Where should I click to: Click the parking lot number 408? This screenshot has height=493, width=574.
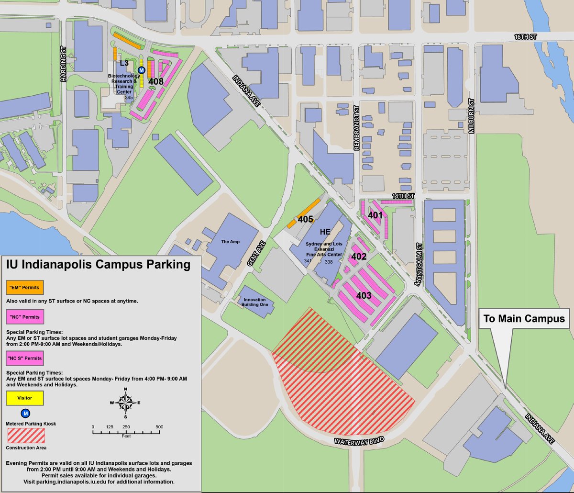click(156, 81)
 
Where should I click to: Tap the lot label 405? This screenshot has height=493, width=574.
click(305, 220)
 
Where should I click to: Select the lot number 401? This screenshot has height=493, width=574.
click(375, 215)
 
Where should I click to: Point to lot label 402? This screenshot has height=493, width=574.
click(359, 257)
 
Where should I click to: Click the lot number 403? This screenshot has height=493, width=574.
click(364, 295)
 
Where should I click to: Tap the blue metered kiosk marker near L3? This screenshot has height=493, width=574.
click(141, 70)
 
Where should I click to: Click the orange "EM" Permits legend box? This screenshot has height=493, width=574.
click(25, 288)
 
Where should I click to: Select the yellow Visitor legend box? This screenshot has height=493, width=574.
click(25, 398)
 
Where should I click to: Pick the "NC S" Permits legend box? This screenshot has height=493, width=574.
click(25, 358)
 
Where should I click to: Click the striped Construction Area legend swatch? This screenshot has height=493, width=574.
click(26, 436)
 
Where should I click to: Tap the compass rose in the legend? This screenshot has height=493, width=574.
click(126, 403)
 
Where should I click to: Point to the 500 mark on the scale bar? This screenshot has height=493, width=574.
click(159, 427)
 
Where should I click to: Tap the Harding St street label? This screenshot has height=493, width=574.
click(63, 64)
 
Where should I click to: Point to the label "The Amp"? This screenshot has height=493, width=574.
click(230, 242)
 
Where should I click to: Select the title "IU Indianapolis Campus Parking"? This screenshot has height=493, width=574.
click(98, 264)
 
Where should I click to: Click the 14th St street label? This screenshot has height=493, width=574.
click(402, 196)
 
